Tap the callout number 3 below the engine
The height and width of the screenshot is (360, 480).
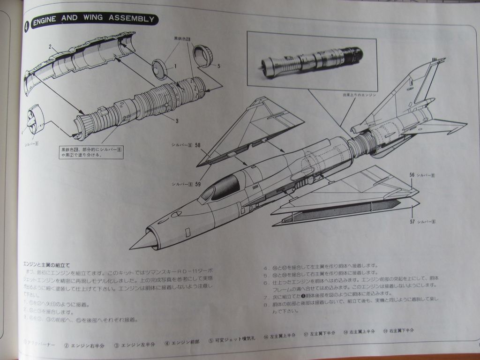[177, 121]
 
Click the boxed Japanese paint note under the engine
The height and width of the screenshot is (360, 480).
[91, 152]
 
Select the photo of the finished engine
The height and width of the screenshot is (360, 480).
[312, 61]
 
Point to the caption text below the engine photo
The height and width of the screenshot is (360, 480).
[360, 95]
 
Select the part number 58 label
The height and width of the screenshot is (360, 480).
[198, 145]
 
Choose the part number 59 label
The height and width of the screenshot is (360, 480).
[198, 184]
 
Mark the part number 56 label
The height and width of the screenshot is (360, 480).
[412, 175]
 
